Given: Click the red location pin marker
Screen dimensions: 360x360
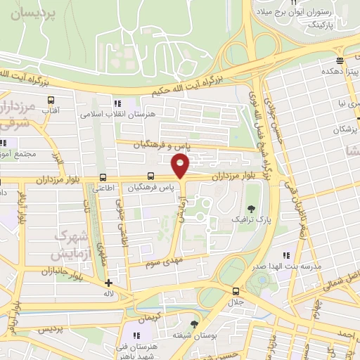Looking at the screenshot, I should (x=181, y=166).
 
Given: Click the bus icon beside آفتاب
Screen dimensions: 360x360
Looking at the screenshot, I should (x=50, y=101).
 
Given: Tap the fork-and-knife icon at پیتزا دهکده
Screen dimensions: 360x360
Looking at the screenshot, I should (x=340, y=61).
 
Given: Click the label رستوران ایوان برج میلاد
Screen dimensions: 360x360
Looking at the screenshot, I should (x=314, y=12).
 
